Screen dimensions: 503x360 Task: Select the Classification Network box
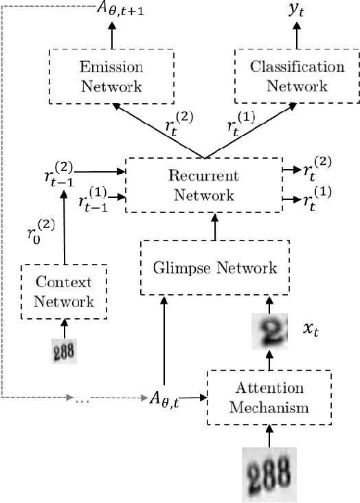point(297,76)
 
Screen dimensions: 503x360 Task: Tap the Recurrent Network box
point(203,186)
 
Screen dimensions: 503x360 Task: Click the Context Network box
point(65,292)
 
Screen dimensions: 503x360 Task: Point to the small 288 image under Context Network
point(65,352)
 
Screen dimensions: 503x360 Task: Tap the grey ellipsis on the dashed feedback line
point(83,398)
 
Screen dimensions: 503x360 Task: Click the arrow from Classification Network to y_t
point(297,36)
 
